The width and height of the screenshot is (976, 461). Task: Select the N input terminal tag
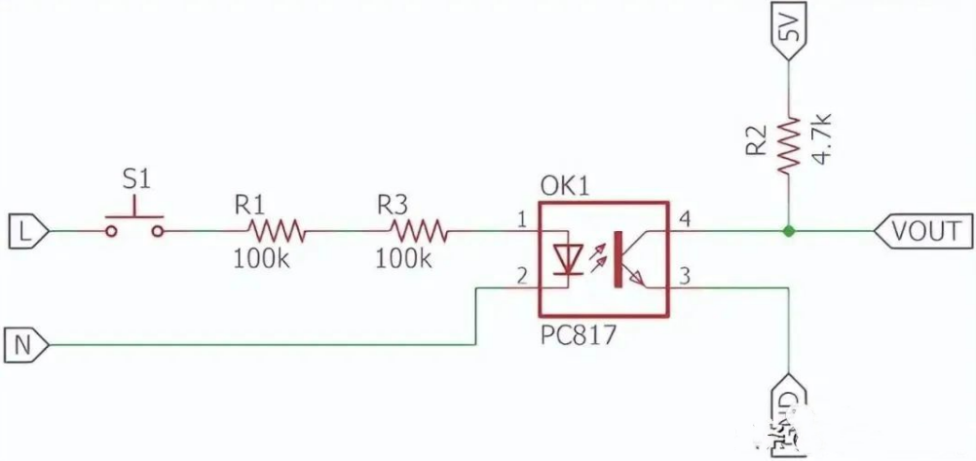pyautogui.click(x=25, y=343)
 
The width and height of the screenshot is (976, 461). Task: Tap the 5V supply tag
pyautogui.click(x=790, y=30)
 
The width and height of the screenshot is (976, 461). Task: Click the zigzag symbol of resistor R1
pyautogui.click(x=277, y=231)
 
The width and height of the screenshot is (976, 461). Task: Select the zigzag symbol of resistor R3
pyautogui.click(x=419, y=231)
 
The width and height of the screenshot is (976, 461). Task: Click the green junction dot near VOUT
pyautogui.click(x=789, y=231)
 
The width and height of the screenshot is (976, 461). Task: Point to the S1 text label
pyautogui.click(x=136, y=179)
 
